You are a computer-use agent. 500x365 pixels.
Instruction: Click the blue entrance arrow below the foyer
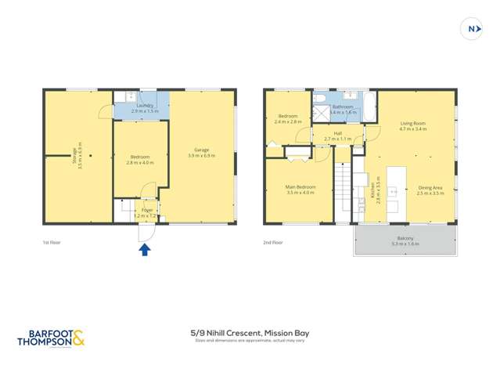[144, 250]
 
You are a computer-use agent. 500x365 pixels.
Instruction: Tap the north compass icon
[472, 29]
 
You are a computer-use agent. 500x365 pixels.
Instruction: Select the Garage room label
[201, 150]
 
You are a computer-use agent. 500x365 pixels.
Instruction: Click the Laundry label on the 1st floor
[145, 106]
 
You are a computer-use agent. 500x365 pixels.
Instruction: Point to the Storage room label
[75, 150]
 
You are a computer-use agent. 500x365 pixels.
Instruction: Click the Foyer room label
[146, 210]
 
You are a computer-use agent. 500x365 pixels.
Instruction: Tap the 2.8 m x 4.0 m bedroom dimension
[140, 163]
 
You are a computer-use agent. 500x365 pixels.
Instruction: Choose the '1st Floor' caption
[52, 243]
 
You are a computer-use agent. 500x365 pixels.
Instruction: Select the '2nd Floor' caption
[272, 243]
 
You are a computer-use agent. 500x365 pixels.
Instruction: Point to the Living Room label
[412, 123]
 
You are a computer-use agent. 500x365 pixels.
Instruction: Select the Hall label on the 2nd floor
[338, 133]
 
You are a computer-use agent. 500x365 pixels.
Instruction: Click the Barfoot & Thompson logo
[50, 338]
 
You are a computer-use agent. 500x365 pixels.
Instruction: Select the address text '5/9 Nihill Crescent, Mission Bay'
[250, 333]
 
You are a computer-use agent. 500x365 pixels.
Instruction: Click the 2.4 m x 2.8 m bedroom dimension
[288, 122]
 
